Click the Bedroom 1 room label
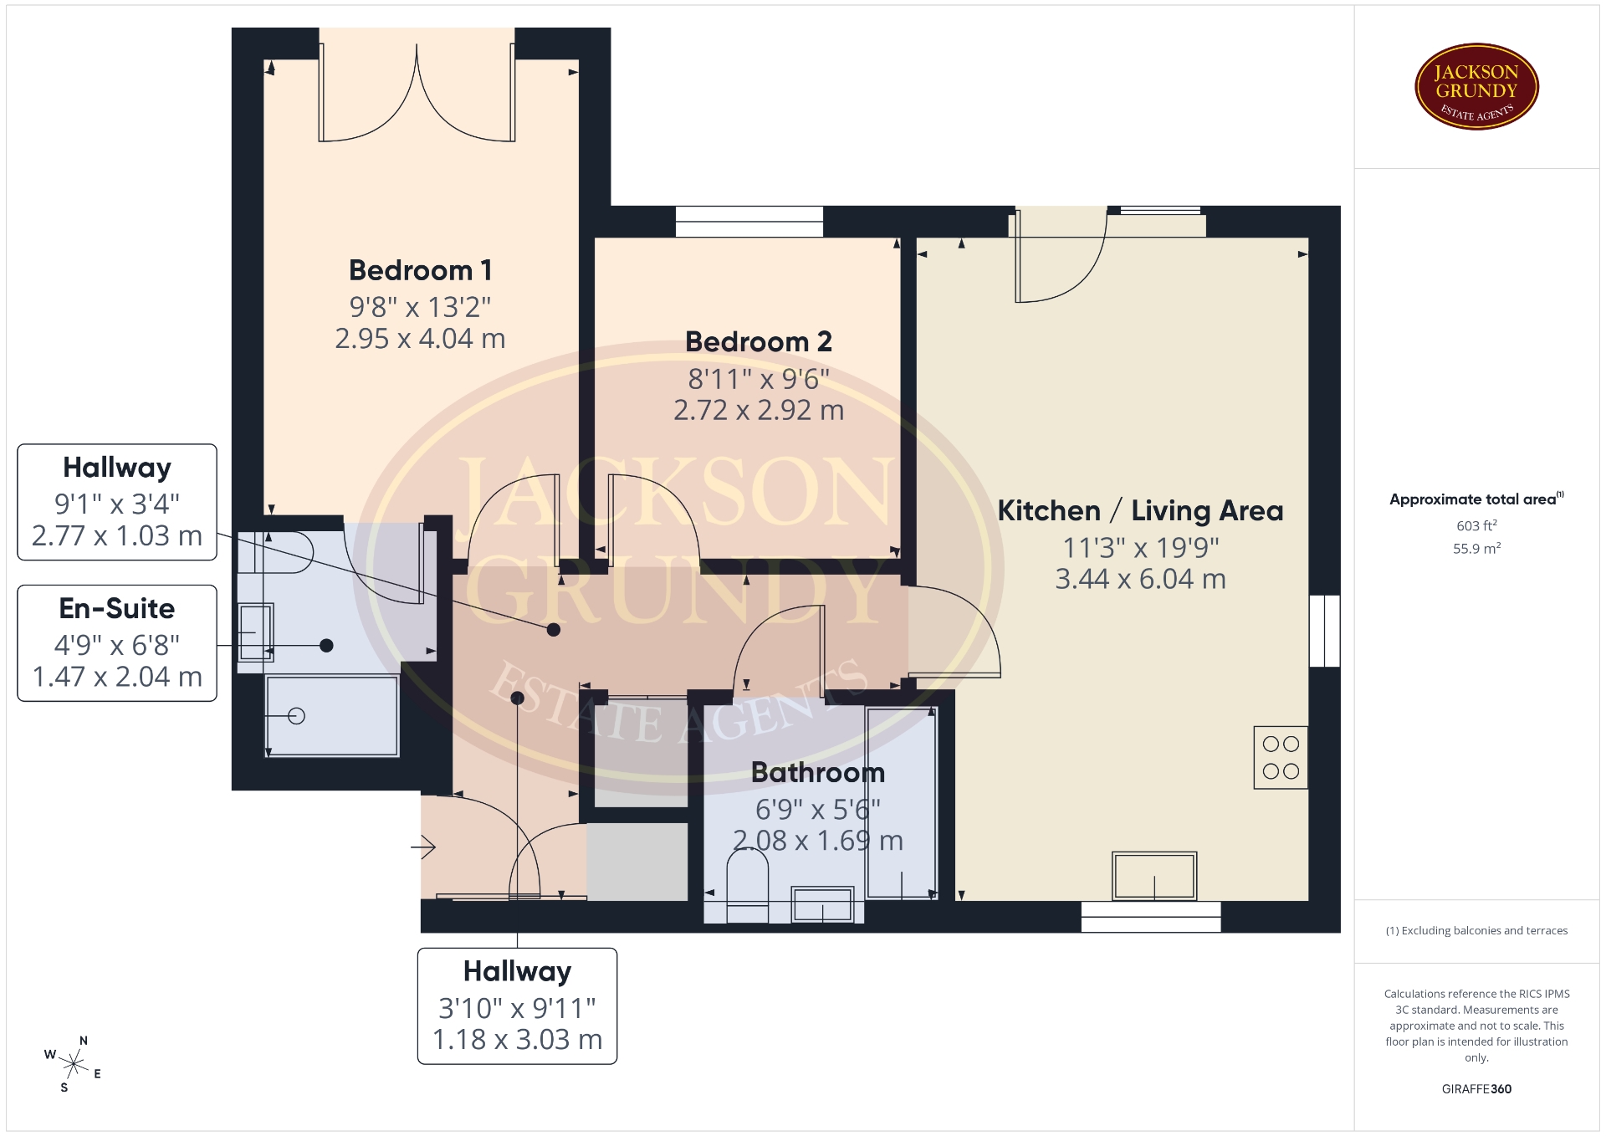[420, 270]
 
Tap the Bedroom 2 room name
[759, 341]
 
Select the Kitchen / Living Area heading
[1140, 510]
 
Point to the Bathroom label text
[818, 772]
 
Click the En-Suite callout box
[117, 642]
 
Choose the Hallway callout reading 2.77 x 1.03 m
[117, 502]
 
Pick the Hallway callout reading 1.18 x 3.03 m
[517, 1006]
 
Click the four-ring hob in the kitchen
[1281, 757]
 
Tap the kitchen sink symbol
[1154, 875]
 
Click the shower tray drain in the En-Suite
[296, 716]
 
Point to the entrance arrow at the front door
[423, 847]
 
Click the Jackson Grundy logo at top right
[1476, 87]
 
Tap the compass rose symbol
[74, 1065]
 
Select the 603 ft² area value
[1476, 525]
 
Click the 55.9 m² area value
[1476, 549]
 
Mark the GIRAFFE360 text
[1476, 1089]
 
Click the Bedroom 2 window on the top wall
[749, 222]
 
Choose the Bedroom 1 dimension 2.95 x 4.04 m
[420, 338]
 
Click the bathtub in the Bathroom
[902, 803]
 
